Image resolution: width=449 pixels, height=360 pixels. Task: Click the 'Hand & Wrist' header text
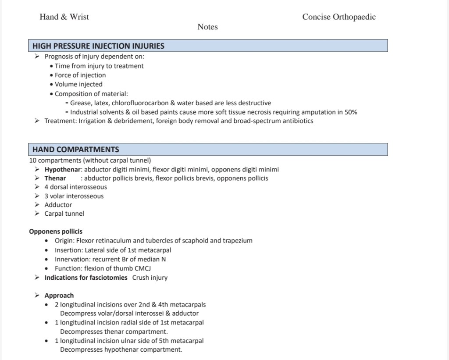64,17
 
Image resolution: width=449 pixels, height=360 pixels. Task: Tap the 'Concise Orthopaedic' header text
339,17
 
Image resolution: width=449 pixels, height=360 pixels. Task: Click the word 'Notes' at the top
207,27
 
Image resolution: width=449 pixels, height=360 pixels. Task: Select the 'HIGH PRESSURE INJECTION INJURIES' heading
99,46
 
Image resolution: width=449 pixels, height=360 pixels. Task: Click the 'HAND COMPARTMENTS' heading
76,150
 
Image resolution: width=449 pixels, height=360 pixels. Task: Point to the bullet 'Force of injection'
80,75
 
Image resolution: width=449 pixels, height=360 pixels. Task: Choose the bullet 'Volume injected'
78,84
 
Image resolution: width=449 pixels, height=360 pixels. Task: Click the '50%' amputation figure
351,112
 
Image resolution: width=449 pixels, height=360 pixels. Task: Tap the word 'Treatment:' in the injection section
61,121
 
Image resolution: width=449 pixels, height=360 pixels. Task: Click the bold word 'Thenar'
55,178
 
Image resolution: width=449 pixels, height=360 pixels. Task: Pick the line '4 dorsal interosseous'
75,187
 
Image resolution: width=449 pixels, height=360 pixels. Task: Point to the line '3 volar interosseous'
74,196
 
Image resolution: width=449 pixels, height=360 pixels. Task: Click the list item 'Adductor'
58,205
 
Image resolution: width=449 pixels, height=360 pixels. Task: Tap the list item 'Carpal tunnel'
64,214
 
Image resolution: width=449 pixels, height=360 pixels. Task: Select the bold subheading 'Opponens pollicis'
56,232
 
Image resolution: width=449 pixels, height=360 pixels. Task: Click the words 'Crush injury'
150,278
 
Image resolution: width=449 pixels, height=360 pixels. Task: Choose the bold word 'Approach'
59,296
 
